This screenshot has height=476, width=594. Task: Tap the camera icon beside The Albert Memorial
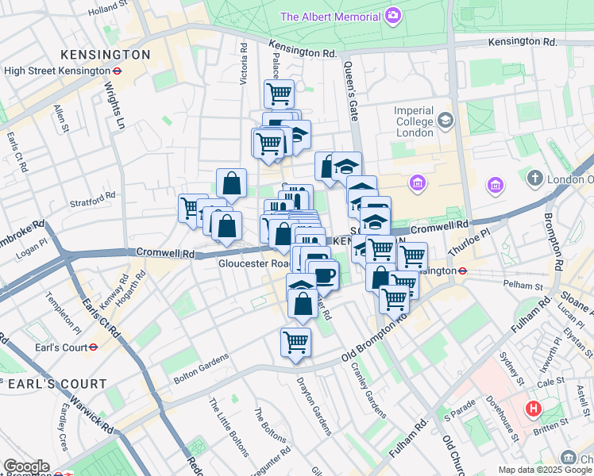(x=392, y=15)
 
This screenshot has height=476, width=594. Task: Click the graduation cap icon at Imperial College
(x=445, y=120)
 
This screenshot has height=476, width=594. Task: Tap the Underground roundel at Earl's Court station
(x=93, y=347)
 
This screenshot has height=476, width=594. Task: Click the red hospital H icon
(x=534, y=409)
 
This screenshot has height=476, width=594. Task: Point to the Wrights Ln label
(x=116, y=108)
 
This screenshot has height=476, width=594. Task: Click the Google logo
(x=26, y=466)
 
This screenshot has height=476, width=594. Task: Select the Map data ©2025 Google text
(x=545, y=470)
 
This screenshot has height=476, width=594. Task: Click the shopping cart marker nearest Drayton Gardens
(x=295, y=343)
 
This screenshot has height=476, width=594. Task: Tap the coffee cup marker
(x=324, y=275)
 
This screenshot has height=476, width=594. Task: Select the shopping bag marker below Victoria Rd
(x=231, y=183)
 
